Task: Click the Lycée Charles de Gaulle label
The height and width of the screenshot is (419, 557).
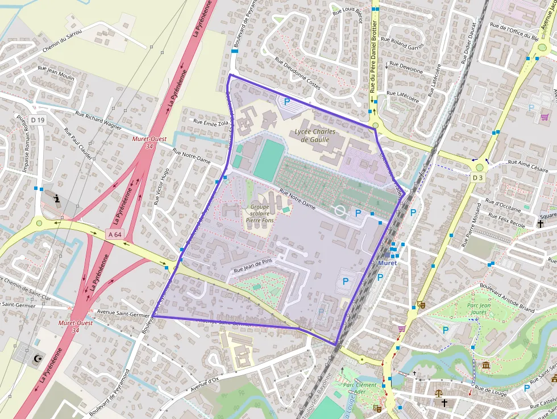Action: click(315, 135)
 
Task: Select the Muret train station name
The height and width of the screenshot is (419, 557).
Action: click(387, 263)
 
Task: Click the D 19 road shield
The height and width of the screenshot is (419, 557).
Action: click(38, 120)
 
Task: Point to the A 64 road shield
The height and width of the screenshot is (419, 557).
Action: click(114, 233)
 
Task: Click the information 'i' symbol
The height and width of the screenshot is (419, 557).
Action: click(57, 198)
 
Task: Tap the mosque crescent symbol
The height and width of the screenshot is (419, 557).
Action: click(39, 358)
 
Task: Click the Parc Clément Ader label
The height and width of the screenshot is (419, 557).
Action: click(360, 388)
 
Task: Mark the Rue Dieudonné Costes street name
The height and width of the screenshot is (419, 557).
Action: click(297, 73)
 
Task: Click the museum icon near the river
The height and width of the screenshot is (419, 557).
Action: click(486, 364)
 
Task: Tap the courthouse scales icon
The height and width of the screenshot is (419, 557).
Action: click(439, 393)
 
